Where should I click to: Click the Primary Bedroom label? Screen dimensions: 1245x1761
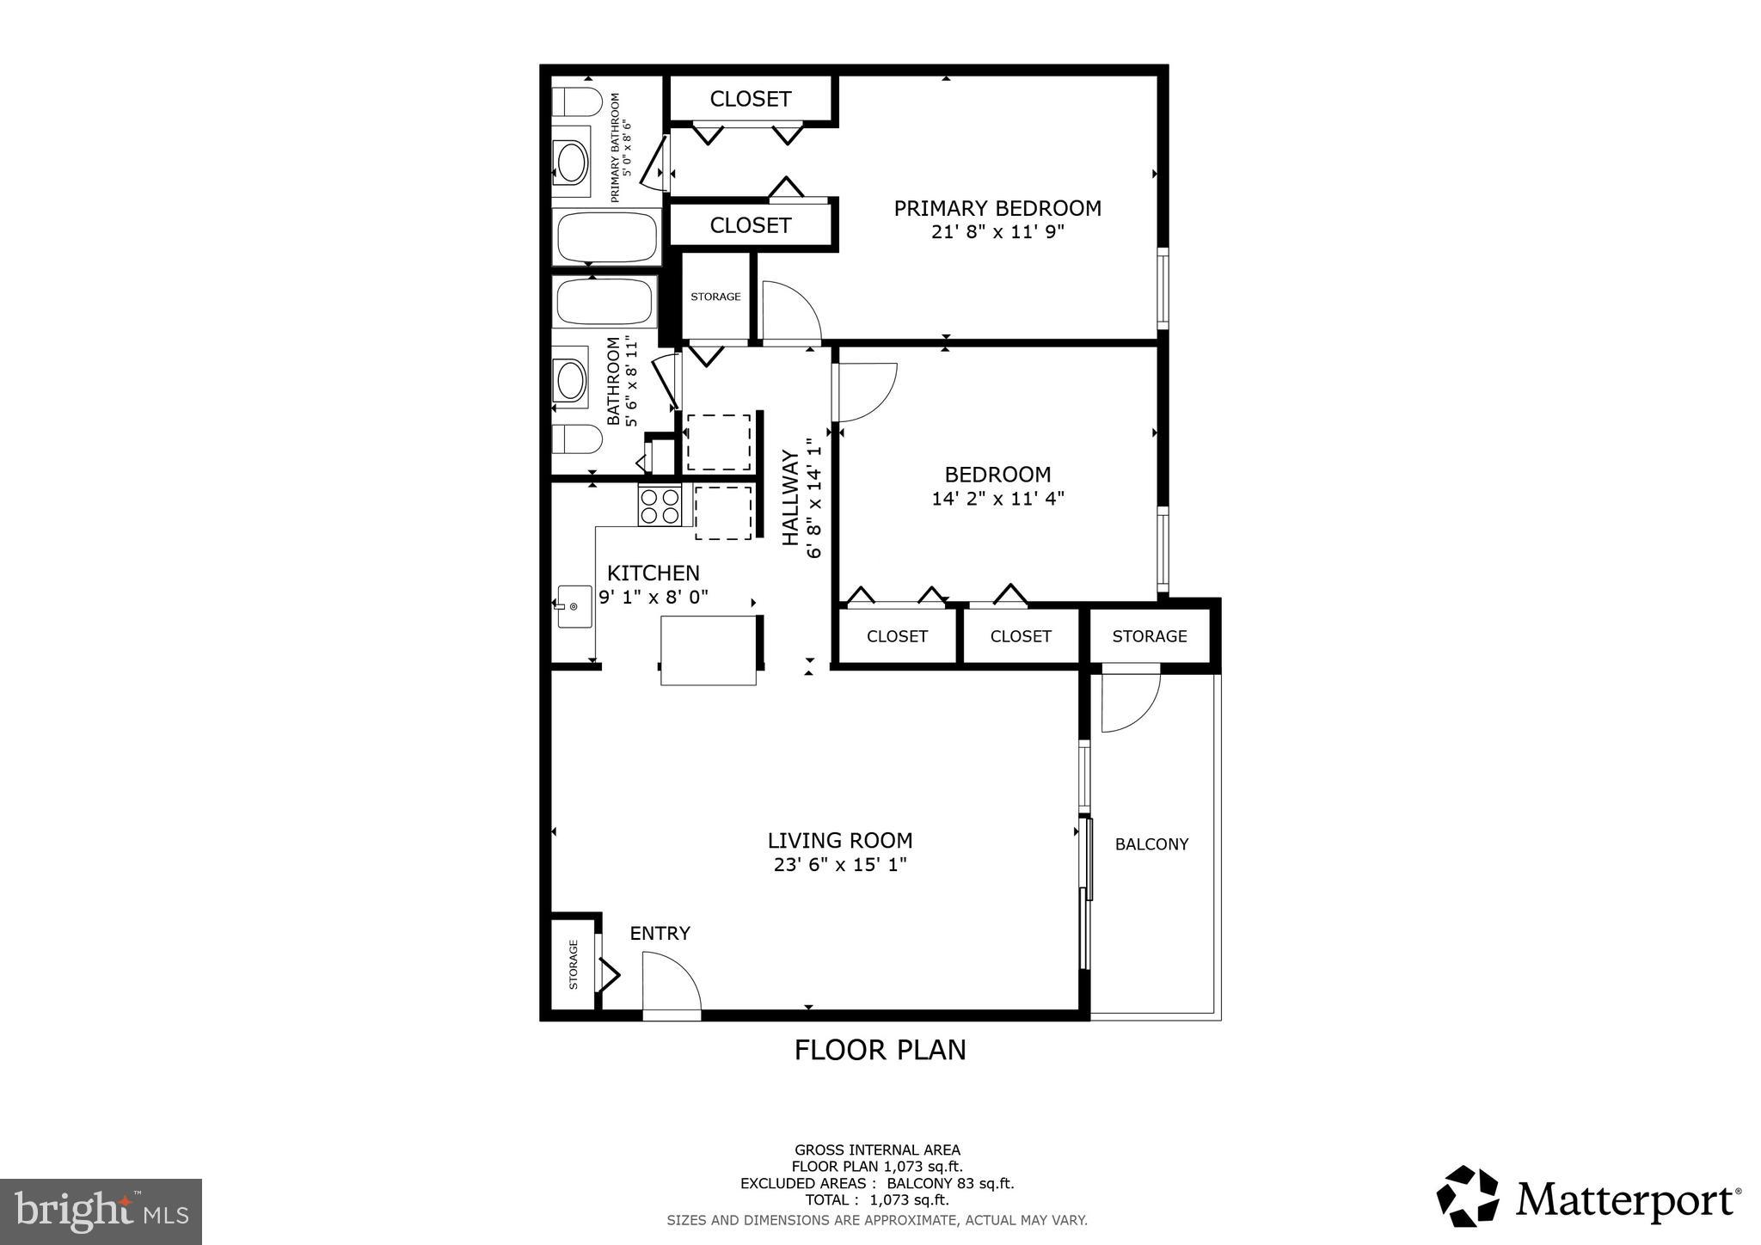[997, 208]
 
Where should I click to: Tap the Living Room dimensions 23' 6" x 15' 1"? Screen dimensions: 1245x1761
[840, 864]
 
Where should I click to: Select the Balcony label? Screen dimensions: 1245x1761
[1151, 844]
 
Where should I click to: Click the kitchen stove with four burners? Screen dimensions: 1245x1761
[660, 506]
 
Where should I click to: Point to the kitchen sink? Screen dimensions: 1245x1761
[574, 606]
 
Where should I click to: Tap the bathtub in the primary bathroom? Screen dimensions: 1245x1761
[607, 236]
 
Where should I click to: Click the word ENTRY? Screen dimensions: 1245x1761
[660, 933]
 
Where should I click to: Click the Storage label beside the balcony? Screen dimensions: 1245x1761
[1149, 636]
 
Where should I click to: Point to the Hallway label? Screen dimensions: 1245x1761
[790, 497]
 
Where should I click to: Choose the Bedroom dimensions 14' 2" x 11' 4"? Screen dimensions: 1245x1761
[997, 499]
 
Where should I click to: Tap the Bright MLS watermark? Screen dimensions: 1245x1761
[101, 1211]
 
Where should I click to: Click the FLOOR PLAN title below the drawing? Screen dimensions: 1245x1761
[880, 1050]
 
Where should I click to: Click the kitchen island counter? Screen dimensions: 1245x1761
[709, 650]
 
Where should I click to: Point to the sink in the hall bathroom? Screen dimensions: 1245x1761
[570, 379]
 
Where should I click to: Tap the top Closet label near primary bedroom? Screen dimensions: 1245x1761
[750, 99]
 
